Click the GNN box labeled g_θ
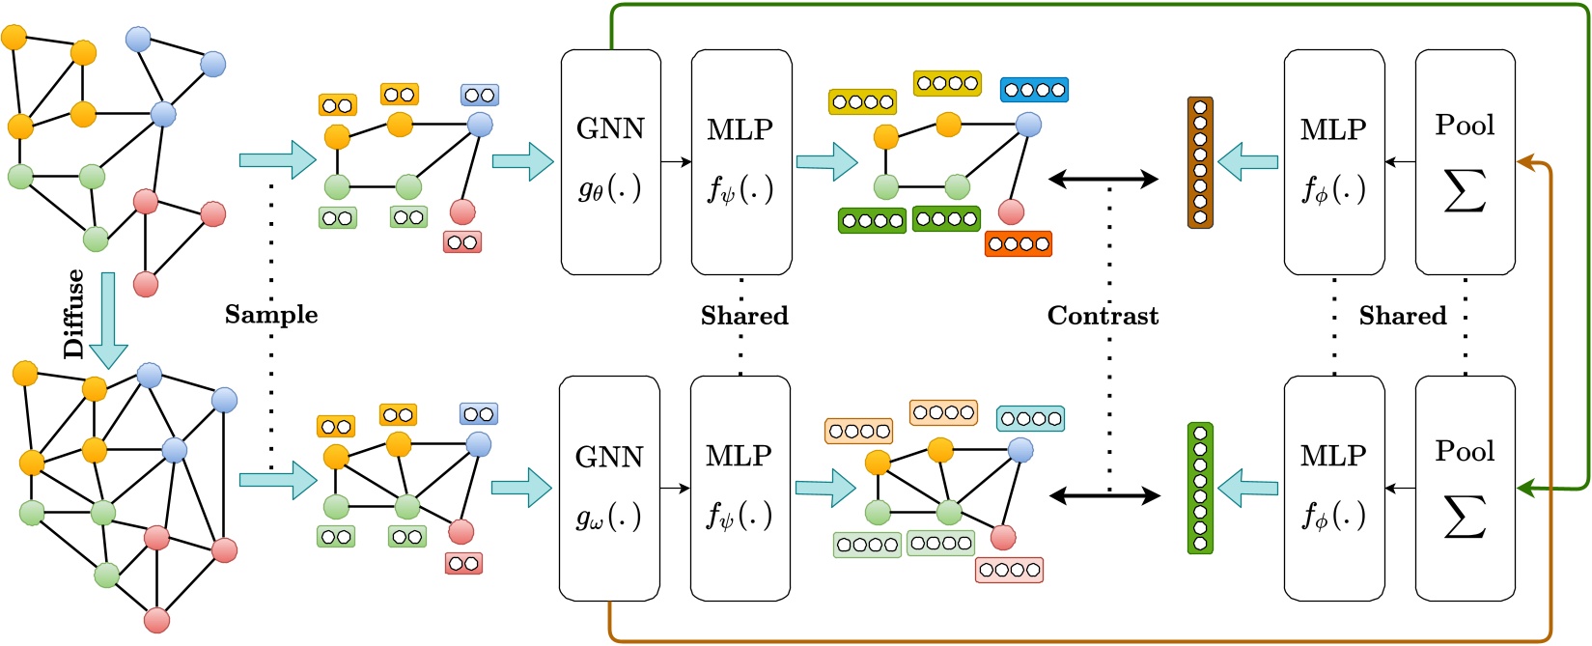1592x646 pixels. (610, 162)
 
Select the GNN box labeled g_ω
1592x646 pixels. (609, 489)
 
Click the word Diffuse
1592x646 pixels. (74, 314)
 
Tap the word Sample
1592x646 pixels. (271, 315)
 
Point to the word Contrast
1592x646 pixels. (1103, 316)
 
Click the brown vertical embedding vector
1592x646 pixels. (1200, 162)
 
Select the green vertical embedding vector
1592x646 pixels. (1200, 489)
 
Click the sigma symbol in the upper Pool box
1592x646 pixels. (1464, 189)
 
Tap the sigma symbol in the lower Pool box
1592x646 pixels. (1464, 516)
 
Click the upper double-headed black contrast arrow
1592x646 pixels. (1103, 179)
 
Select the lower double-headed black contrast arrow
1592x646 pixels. (1104, 496)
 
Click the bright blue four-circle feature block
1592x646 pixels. (1034, 90)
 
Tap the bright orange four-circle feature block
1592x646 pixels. (1018, 243)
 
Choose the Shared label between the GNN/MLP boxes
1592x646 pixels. (744, 316)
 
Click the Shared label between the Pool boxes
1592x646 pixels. (1403, 316)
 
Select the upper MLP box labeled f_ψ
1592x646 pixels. (741, 162)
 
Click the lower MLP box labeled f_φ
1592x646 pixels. (1333, 489)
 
